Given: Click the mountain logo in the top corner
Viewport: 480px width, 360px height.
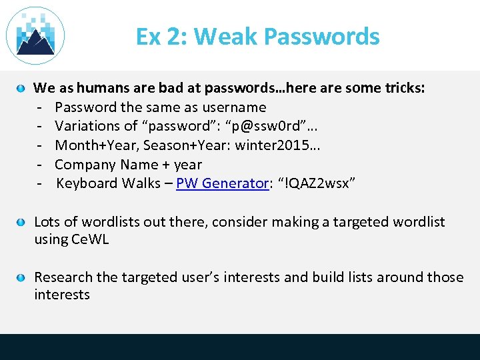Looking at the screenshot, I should click(x=35, y=35).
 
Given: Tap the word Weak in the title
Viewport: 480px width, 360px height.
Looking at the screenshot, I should click(x=223, y=36).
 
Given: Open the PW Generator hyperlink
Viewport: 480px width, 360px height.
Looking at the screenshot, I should click(x=221, y=183).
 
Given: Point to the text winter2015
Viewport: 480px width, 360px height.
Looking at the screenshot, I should click(x=276, y=145).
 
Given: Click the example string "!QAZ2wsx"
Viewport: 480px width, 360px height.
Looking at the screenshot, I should click(x=317, y=183).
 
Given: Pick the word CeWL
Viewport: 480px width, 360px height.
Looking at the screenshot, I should click(x=89, y=239).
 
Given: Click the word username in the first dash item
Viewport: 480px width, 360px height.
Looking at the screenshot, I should click(x=235, y=107).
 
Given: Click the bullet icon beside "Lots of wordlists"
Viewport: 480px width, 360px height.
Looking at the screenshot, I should click(x=21, y=222).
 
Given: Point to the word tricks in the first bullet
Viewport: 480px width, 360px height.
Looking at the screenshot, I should click(x=403, y=88).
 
